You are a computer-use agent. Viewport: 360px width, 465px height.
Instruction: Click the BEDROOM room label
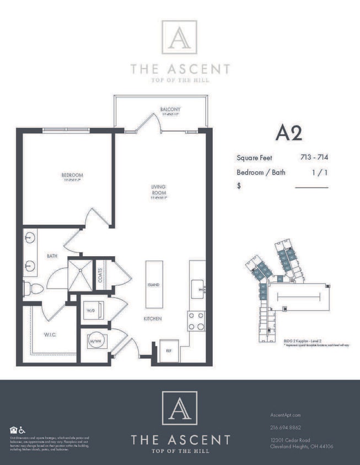point(72,176)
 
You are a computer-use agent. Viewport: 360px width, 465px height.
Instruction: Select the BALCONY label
point(170,109)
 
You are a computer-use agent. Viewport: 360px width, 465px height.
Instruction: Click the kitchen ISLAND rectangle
point(153,284)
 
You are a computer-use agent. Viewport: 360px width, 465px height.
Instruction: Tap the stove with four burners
point(197,321)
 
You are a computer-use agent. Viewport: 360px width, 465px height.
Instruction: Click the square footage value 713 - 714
point(314,157)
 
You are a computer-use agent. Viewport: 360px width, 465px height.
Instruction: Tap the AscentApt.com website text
point(286,415)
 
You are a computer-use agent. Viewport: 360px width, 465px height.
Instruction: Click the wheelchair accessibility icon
point(22,430)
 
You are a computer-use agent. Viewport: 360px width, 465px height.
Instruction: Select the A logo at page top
point(179,38)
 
